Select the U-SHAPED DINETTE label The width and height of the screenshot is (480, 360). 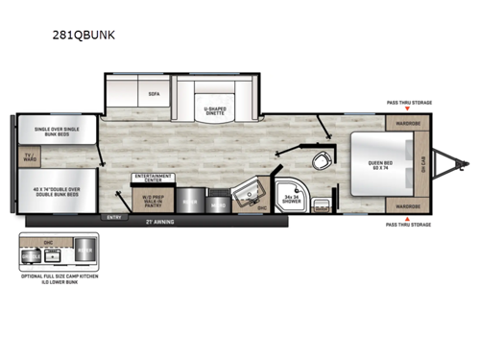[x=221, y=111]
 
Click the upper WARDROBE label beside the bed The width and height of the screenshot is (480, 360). [x=406, y=124]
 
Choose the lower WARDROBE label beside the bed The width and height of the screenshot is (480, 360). [x=406, y=205]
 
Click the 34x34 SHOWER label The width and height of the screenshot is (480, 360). [x=293, y=201]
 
